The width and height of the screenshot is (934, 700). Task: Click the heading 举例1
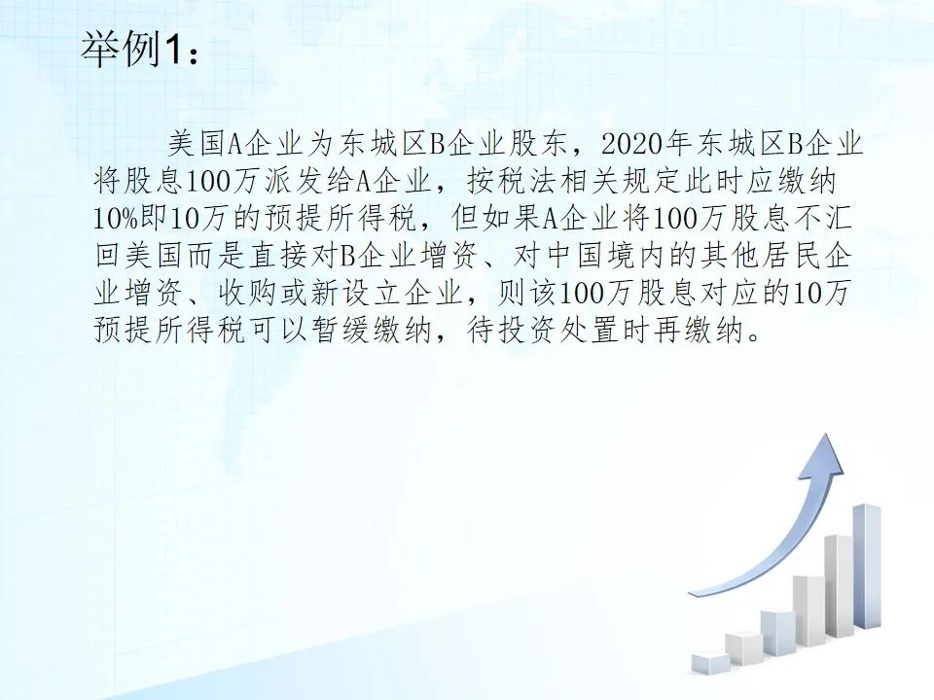[x=140, y=50]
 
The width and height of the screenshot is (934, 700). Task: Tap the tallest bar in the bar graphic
[x=867, y=566]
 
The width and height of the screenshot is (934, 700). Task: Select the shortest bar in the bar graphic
[x=710, y=662]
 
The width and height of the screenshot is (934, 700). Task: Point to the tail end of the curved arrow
[x=691, y=595]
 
